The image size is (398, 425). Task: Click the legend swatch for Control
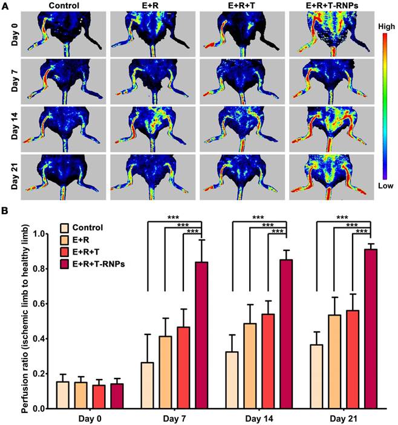(64, 228)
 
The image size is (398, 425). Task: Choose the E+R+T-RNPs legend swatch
(64, 263)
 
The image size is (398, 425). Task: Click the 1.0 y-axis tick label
(39, 233)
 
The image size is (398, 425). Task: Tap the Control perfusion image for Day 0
(64, 33)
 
